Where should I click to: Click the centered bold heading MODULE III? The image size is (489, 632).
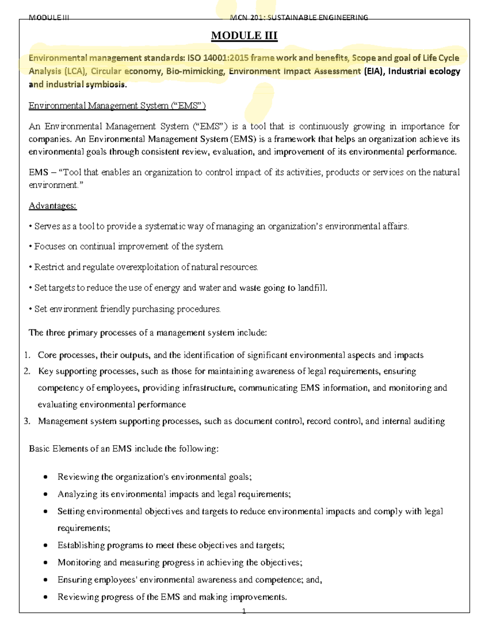244,36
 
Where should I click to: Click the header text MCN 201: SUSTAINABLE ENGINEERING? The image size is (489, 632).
299,17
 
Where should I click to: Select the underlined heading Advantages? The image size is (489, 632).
53,206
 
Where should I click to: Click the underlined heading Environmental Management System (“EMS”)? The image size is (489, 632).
117,106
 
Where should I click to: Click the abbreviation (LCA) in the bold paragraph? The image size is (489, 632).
75,72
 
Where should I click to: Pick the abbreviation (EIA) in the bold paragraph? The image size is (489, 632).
374,72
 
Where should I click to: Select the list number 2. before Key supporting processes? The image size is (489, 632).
27,371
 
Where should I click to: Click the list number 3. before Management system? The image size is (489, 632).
27,421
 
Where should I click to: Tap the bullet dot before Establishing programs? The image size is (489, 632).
46,545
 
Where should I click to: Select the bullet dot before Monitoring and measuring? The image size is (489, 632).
46,563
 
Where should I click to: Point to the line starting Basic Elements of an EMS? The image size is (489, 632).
123,449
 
